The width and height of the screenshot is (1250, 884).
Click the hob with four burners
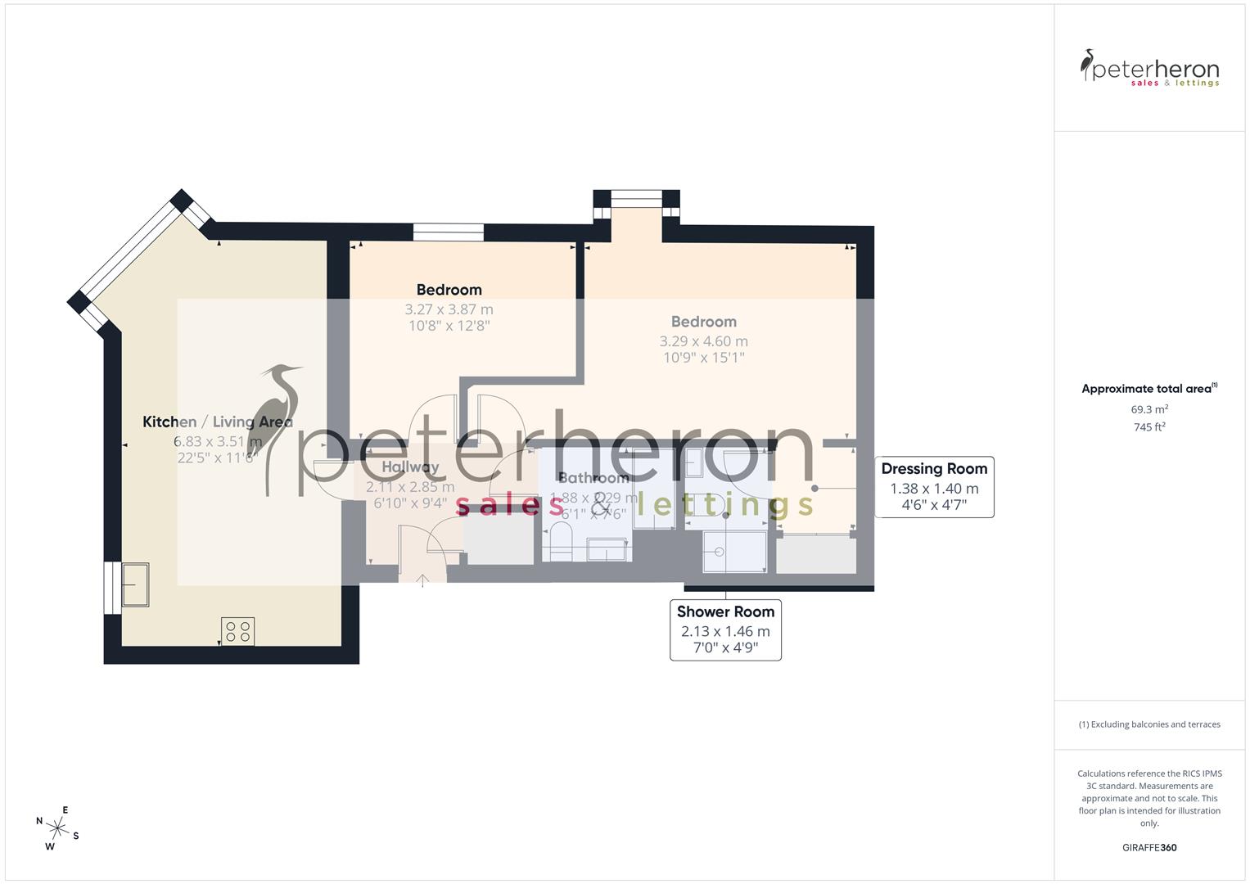237,631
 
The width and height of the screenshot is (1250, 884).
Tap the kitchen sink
135,584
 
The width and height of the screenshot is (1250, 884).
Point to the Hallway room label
410,467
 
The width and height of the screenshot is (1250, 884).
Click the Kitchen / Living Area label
218,422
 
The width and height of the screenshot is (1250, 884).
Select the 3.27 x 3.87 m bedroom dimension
449,309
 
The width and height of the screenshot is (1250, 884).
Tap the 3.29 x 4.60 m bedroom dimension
704,341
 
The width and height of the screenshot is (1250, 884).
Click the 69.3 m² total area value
1149,409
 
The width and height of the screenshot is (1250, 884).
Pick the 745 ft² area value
1149,427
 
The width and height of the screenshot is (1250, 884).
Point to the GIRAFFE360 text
1149,848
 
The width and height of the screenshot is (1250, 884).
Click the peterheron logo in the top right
1149,69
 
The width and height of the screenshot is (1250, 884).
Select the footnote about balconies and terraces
1149,724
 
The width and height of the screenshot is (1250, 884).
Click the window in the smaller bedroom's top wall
448,232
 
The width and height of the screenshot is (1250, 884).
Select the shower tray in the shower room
734,552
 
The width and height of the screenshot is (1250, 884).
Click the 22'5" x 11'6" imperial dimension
218,458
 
